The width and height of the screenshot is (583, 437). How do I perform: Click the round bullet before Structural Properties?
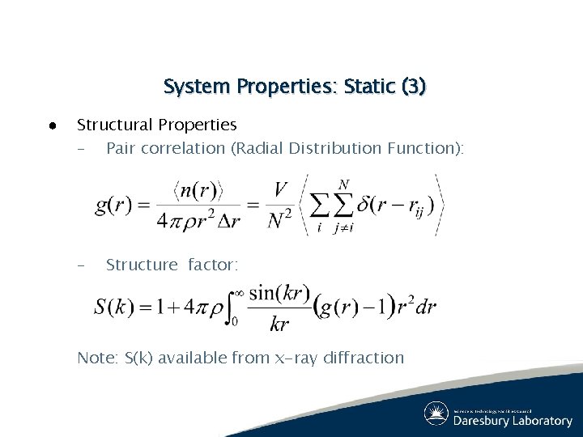click(x=50, y=125)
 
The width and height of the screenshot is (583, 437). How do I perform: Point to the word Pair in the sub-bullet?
click(x=121, y=148)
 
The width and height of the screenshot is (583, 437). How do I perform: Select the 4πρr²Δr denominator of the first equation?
click(x=198, y=220)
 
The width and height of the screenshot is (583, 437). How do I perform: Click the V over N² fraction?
click(x=280, y=205)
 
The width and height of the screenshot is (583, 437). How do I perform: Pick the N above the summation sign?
click(x=343, y=185)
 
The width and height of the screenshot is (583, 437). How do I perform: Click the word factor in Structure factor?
click(x=214, y=265)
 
